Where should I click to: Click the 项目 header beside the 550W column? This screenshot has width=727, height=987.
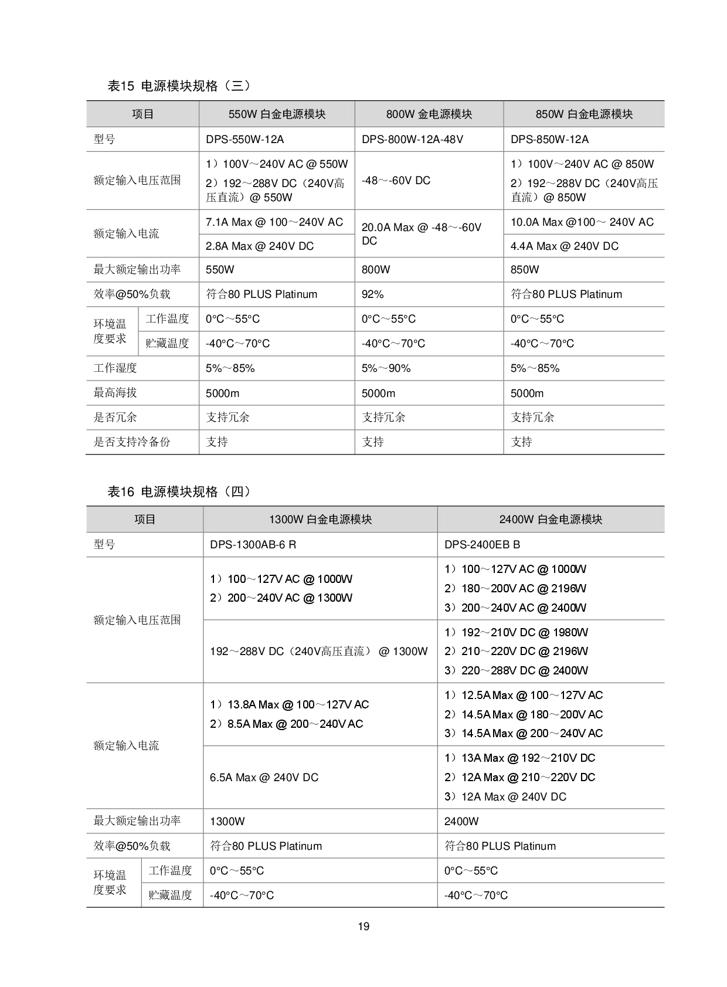[142, 114]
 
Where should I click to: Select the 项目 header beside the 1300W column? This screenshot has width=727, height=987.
[145, 520]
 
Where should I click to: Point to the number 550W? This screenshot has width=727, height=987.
[243, 114]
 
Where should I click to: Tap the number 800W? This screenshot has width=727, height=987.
[400, 114]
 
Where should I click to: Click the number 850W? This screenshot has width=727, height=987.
[550, 114]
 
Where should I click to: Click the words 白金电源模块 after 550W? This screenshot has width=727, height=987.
[293, 114]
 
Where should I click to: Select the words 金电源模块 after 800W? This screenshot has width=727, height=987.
[445, 114]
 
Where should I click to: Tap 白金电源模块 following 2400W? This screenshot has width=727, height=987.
[570, 520]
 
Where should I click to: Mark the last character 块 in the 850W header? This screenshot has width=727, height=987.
[628, 114]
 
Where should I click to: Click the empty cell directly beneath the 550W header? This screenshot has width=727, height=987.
[277, 140]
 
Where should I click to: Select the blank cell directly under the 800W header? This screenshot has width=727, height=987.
[429, 140]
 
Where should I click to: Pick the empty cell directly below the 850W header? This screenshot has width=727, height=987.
[584, 140]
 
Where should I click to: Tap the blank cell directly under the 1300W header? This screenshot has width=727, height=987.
[320, 545]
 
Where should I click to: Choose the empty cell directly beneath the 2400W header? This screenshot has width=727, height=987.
[551, 545]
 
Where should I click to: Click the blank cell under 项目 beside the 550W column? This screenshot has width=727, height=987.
[142, 140]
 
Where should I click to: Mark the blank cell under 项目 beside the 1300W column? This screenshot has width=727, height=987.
[145, 545]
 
